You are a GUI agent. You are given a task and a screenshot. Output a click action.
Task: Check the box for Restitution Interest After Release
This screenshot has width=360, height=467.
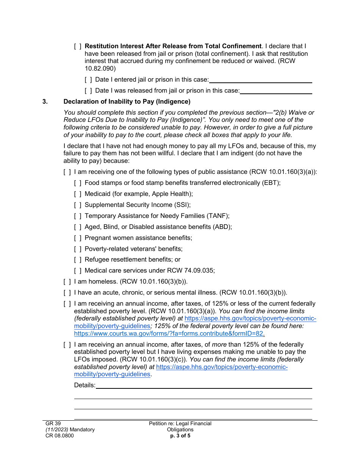pos(78,46)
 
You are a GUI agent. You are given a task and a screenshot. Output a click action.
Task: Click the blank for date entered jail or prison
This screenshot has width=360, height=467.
pos(260,80)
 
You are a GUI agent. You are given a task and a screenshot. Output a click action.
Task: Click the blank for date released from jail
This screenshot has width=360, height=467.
pos(276,91)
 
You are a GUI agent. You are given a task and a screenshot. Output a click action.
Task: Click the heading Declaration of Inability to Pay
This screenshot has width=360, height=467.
pos(127,102)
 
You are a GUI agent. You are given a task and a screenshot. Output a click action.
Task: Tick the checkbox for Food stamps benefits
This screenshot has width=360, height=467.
pos(78,183)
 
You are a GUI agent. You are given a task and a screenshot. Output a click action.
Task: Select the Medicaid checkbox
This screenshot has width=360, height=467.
pos(78,194)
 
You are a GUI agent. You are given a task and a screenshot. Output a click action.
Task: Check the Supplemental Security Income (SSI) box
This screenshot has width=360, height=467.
pos(78,205)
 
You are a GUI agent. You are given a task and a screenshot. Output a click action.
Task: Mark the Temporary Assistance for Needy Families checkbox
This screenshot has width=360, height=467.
pos(78,216)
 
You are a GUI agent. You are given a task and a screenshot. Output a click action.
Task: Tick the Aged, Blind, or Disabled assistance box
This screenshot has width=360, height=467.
pos(78,227)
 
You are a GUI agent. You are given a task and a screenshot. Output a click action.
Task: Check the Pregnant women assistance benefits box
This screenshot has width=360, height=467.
pos(78,238)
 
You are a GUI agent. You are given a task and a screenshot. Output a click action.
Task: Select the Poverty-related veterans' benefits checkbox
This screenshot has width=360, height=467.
pos(78,249)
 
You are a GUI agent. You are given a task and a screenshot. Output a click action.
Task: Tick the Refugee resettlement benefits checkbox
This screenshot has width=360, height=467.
pos(78,260)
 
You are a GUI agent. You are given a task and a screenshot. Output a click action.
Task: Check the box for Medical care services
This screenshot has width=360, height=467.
pos(78,271)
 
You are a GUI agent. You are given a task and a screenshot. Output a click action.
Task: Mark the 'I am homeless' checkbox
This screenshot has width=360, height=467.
pos(67,282)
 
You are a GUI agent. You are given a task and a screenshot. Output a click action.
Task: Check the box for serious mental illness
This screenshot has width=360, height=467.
pos(67,293)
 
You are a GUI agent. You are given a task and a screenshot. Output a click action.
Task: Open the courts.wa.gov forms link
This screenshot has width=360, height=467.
pos(169,334)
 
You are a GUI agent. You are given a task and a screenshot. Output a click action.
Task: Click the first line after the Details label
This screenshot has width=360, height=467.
pos(204,385)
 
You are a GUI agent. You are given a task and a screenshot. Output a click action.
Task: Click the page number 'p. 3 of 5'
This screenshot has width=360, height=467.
pos(180,436)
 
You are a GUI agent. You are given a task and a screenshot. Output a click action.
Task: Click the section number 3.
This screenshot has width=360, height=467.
pos(45,102)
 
